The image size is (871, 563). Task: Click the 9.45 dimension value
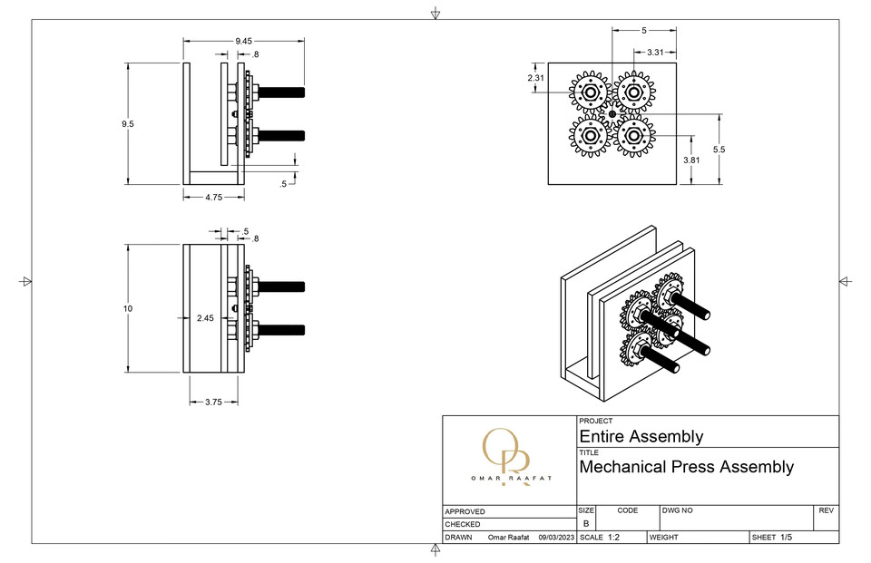coord(243,41)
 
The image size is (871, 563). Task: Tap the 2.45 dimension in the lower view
coord(205,318)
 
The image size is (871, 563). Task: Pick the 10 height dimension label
coord(128,309)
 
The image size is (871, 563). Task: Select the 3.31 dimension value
coord(661,53)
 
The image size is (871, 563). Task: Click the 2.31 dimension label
coord(536,78)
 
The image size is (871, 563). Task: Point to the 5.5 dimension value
coord(719,149)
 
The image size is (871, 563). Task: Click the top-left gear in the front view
coord(590,92)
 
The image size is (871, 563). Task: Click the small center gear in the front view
coord(612,114)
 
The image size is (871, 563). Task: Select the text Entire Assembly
coord(641,436)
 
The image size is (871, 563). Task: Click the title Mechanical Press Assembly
coord(686,467)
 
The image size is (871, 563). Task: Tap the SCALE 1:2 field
coord(603,538)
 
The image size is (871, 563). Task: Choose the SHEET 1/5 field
coord(772,538)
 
